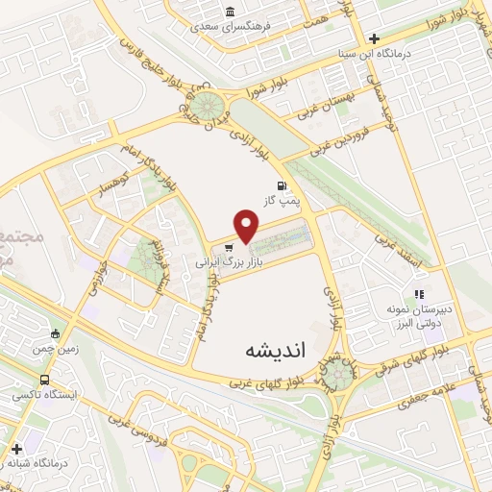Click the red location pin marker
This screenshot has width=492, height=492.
click(x=248, y=227)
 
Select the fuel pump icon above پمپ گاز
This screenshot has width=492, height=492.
click(x=281, y=185)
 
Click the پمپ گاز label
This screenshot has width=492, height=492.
click(x=280, y=201)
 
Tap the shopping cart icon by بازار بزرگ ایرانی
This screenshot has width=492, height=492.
click(x=228, y=246)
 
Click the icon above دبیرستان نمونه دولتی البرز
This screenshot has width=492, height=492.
click(x=418, y=294)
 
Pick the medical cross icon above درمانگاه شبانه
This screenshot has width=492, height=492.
click(x=16, y=449)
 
